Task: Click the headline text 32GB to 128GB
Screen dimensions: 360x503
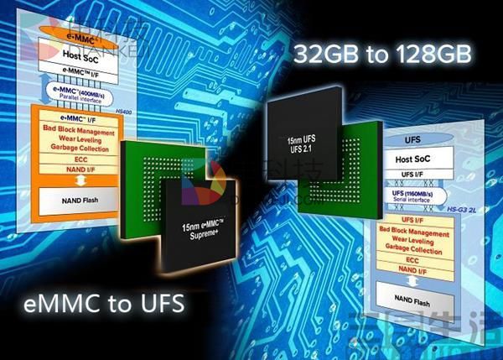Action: pos(380,57)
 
